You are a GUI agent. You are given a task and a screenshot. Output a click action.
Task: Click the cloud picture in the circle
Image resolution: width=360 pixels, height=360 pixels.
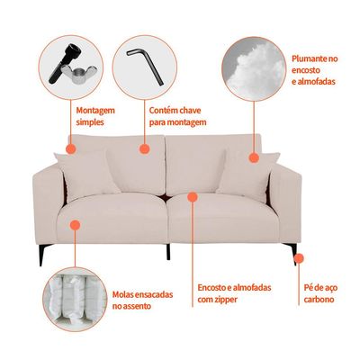(254, 68)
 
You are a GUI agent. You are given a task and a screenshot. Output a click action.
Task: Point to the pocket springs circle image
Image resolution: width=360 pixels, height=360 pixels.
(75, 299)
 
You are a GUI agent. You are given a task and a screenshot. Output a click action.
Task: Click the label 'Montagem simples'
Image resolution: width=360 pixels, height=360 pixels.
(95, 116)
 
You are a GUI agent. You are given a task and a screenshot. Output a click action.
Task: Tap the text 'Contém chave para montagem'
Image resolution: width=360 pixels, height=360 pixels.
(178, 116)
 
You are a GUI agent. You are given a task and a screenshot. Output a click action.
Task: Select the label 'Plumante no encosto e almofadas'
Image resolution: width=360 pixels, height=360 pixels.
(315, 70)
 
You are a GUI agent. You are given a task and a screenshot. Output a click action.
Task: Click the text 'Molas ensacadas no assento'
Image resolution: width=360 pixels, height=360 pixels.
(142, 300)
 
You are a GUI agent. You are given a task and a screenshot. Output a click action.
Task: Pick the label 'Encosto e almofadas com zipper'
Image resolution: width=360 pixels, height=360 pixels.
(234, 293)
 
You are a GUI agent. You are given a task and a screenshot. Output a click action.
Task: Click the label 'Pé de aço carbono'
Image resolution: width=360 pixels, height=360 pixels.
(320, 293)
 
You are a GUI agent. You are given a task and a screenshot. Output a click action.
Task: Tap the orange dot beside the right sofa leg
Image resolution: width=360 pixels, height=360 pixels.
(299, 257)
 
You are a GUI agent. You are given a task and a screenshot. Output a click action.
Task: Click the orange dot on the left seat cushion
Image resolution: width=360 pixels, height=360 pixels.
(75, 225)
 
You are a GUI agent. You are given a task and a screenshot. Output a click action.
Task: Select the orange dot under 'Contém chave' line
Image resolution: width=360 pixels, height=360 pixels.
(145, 148)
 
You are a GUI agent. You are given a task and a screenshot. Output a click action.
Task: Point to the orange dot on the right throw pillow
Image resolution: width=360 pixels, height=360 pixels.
(254, 157)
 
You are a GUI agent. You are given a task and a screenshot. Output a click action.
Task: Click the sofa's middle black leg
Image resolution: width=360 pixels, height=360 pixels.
(168, 252)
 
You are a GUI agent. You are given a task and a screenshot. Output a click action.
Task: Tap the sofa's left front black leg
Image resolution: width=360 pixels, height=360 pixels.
(42, 255)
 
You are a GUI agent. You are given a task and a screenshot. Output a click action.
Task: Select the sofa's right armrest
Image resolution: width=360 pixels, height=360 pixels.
(285, 204)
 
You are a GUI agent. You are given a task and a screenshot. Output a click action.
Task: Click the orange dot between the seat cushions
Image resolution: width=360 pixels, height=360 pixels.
(193, 197)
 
